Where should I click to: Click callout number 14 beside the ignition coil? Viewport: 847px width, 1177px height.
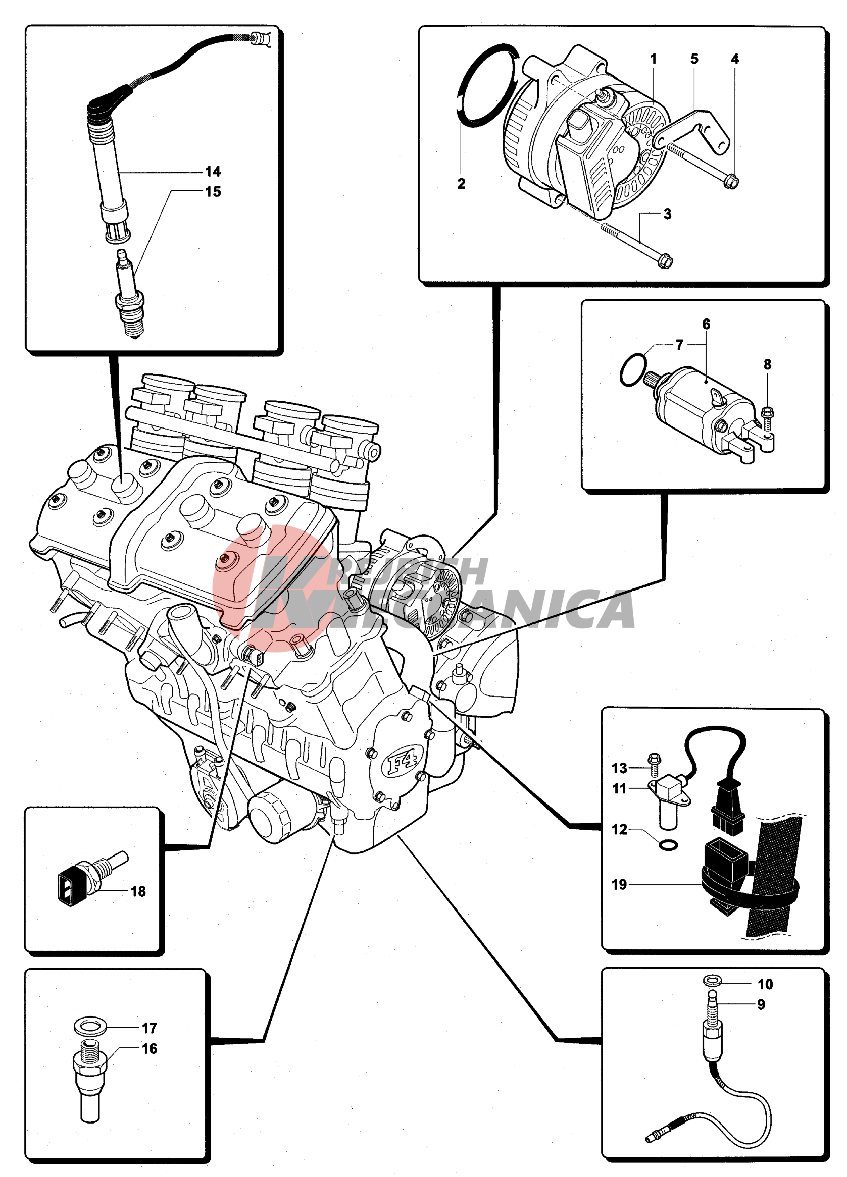click(213, 171)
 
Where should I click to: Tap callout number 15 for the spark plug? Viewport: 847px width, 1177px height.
click(213, 191)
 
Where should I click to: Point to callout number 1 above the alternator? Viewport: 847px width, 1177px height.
click(653, 59)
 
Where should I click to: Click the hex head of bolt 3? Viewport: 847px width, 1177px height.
click(665, 261)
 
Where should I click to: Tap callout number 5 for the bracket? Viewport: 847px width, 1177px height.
click(694, 59)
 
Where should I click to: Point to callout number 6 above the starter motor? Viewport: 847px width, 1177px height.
click(706, 325)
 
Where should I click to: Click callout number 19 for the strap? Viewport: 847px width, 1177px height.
click(619, 884)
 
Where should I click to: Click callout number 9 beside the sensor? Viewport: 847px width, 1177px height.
click(761, 1005)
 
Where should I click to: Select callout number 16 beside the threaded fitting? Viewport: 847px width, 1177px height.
click(150, 1049)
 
